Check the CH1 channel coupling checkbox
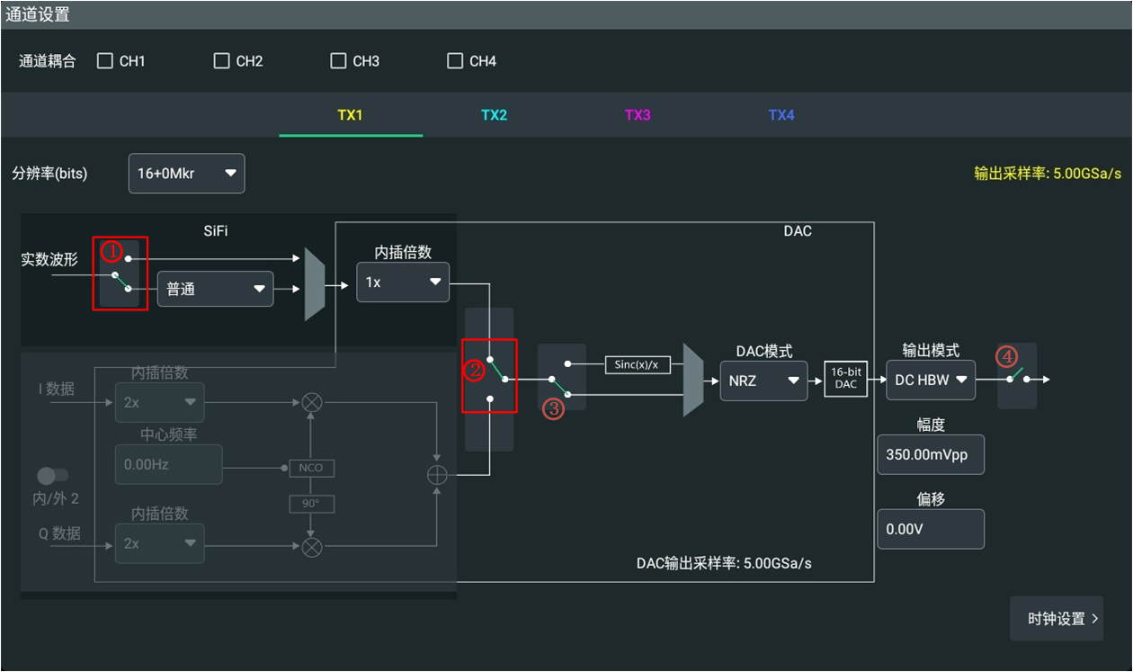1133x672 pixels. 104,61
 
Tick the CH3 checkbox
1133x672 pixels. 338,61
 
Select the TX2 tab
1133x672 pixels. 494,115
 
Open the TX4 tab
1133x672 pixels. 781,115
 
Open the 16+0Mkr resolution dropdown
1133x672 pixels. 187,173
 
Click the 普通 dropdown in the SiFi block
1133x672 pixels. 216,289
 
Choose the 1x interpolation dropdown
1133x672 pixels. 403,282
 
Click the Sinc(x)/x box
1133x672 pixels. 638,364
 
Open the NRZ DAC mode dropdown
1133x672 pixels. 763,381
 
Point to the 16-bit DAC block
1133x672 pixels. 845,379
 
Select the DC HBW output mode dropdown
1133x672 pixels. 931,380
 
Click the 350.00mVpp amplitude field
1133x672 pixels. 931,454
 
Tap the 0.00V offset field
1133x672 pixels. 931,529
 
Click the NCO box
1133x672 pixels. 311,468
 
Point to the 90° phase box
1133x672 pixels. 311,504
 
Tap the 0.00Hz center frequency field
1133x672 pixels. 168,464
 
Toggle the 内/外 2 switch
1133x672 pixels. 52,476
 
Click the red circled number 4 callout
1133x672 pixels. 1006,356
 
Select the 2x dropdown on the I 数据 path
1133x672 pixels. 160,402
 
